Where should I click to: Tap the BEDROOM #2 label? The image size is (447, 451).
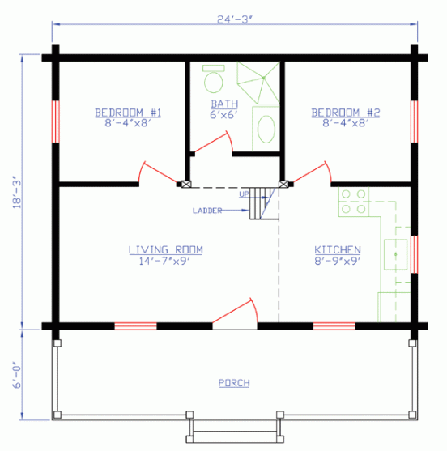point(345,112)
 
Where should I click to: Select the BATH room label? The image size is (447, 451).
point(223,104)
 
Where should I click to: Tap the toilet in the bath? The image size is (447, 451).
point(213,79)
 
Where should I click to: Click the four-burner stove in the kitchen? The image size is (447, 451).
point(354,201)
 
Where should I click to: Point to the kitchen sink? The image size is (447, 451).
point(396,254)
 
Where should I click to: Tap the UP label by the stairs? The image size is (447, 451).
point(244,194)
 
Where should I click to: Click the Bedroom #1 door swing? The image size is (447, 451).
point(159,172)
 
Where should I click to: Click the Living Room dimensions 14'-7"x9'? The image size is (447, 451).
point(165,261)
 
